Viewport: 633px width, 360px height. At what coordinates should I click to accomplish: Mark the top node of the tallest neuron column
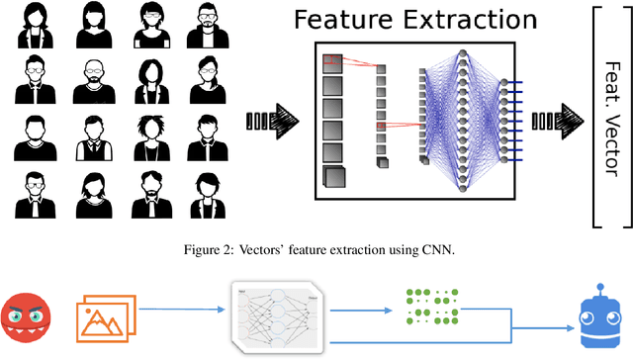464,49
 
